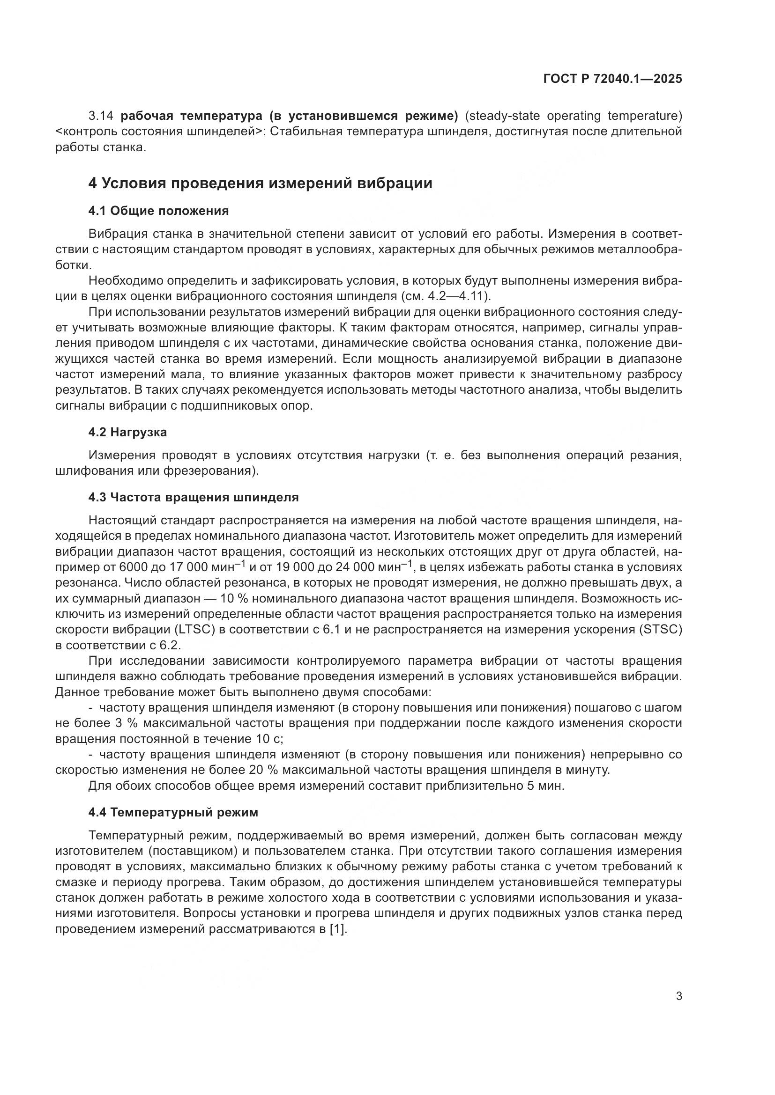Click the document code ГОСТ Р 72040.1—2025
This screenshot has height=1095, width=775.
612,79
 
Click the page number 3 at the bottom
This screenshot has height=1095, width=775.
678,996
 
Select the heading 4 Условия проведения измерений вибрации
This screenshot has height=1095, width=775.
260,183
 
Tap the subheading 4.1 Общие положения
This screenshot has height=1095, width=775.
158,211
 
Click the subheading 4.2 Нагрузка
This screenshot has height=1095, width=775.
127,433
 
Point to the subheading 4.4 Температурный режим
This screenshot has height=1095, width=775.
173,812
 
